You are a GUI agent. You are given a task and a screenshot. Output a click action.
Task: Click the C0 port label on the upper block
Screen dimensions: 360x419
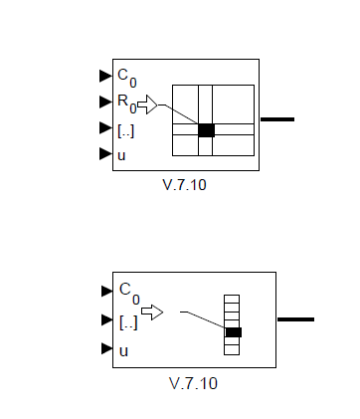[x=127, y=78]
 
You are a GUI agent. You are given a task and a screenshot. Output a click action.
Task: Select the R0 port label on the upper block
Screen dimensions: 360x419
[x=127, y=105]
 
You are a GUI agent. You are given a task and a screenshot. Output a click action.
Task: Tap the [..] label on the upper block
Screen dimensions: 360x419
[x=126, y=131]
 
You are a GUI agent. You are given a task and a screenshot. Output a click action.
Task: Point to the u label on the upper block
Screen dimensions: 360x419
[x=121, y=156]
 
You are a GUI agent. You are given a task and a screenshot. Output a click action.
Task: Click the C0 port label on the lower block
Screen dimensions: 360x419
[x=129, y=294]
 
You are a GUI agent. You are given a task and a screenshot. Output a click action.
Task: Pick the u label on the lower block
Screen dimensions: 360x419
[x=123, y=351]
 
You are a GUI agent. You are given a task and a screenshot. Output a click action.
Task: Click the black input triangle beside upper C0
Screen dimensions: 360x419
[x=105, y=76]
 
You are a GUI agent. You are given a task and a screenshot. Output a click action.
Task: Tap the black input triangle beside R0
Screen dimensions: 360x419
[x=105, y=102]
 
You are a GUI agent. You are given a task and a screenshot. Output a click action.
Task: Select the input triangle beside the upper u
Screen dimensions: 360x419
[x=105, y=153]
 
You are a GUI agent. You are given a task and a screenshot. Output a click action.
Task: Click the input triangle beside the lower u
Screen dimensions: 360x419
[x=107, y=348]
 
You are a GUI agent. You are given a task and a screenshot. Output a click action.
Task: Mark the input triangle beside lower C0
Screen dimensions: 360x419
[x=107, y=291]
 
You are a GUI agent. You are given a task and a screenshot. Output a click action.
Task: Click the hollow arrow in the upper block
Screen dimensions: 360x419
[x=147, y=105]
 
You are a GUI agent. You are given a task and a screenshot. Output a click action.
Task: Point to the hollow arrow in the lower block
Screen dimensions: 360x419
[x=152, y=313]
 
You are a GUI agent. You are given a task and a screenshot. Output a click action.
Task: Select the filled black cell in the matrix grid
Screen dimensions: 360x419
[x=206, y=130]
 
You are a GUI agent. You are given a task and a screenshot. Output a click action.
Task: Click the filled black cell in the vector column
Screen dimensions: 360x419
[x=234, y=332]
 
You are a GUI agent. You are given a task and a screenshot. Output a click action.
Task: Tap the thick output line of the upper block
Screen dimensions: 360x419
[x=277, y=119]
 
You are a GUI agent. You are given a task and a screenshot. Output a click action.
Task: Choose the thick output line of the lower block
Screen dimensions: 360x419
[x=295, y=319]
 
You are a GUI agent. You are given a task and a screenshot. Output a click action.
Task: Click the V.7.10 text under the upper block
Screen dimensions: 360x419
[x=184, y=185]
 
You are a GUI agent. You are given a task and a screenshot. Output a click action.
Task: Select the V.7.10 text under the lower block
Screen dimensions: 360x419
[x=193, y=383]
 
